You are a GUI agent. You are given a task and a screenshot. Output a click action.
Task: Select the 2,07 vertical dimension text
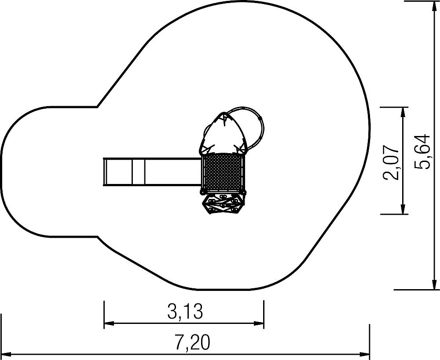[391, 162]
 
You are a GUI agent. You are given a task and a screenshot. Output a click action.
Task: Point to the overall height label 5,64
[422, 151]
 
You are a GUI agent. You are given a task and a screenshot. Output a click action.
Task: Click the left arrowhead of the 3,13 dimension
[109, 323]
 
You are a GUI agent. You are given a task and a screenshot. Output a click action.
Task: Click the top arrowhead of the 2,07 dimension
[403, 112]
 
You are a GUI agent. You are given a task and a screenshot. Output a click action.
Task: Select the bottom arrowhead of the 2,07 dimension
[403, 209]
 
